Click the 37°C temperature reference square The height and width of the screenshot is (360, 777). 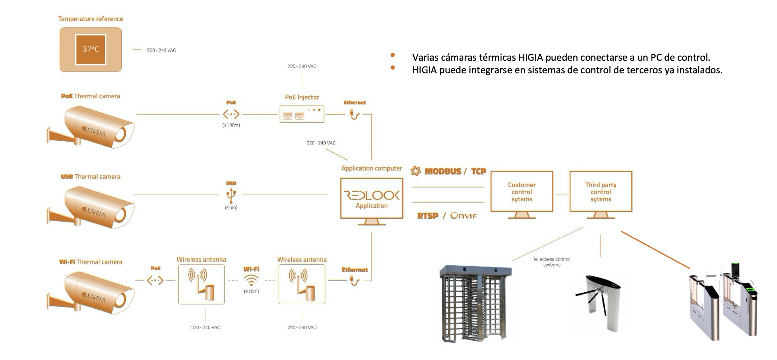91,49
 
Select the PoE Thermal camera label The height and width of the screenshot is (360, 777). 91,96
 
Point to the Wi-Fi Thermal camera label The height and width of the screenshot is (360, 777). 91,262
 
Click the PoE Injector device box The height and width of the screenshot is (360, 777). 302,114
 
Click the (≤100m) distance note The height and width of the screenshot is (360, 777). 231,125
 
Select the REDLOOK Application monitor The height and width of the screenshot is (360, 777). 372,198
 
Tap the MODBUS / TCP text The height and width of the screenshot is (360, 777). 455,171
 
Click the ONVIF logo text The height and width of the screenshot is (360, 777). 463,216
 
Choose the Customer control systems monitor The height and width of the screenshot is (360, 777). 522,192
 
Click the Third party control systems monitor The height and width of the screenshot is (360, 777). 601,192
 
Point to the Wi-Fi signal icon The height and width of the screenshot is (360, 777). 251,279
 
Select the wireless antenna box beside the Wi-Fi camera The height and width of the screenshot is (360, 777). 201,284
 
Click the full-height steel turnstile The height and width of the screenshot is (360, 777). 475,304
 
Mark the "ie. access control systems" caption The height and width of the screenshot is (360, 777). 551,262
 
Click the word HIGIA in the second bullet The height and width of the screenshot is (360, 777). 424,70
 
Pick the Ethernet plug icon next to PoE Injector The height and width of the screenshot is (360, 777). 355,114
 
